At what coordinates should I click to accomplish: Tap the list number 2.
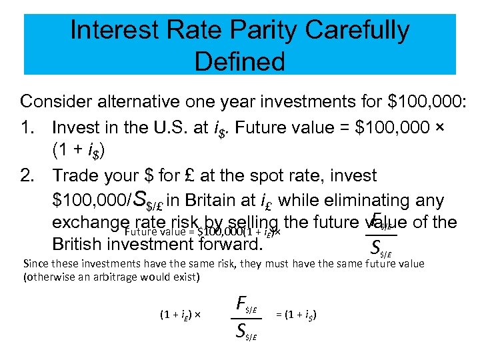point(27,176)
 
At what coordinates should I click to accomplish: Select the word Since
point(35,263)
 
